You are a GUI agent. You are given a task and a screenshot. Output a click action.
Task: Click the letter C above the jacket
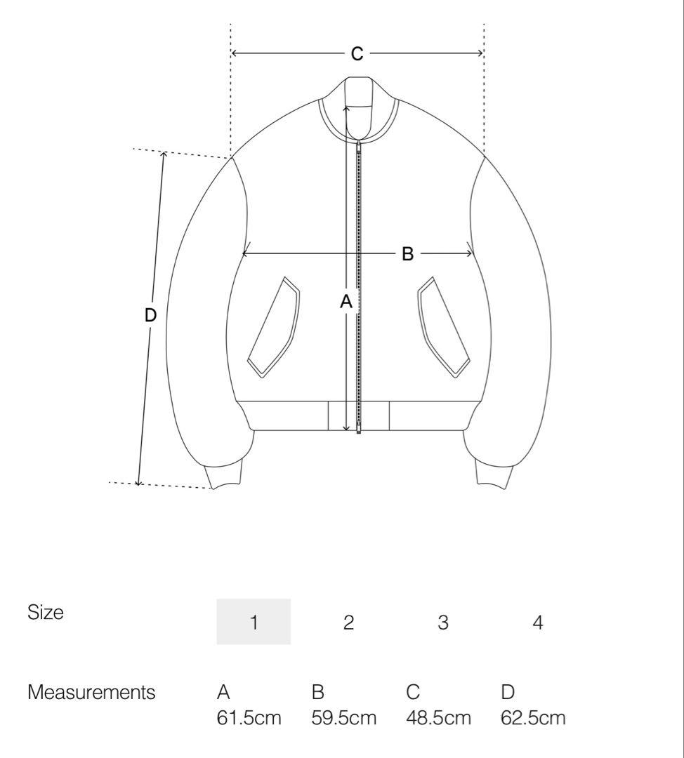357,53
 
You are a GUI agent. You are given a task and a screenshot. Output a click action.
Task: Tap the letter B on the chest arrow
408,254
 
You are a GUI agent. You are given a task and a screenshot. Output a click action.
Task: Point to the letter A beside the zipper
346,302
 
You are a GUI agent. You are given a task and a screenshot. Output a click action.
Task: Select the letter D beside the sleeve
150,315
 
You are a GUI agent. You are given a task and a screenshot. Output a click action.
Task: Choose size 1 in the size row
254,622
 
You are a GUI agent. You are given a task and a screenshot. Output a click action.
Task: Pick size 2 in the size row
348,622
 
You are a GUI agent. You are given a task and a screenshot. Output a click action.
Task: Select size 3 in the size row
443,622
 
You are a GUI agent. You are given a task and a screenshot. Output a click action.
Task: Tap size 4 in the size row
537,622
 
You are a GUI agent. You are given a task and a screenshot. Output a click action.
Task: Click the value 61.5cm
249,718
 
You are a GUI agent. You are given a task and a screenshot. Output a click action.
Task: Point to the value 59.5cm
343,718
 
